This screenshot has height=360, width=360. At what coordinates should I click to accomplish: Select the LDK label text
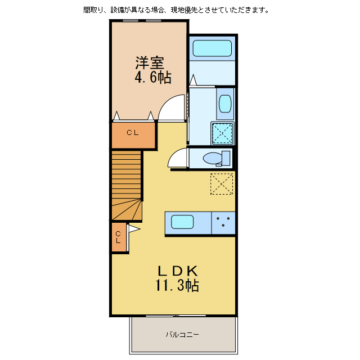pos(177,269)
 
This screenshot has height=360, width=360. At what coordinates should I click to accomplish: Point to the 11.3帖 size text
pos(177,285)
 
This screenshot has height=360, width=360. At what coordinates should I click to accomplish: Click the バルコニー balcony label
pos(182,335)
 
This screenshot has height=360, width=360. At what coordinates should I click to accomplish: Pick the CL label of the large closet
pos(132,133)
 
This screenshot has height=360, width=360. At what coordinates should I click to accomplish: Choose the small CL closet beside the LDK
pos(118,237)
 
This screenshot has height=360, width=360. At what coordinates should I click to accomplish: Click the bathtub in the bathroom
pos(212,48)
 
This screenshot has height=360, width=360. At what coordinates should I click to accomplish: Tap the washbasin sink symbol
pos(224,103)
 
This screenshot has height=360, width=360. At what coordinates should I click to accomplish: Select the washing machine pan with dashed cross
pos(222,133)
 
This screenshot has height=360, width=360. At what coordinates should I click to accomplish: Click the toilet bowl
pos(212,158)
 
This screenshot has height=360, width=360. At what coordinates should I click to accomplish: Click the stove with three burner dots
pos(223,222)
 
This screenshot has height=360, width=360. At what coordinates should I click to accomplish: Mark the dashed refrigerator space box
pos(222,183)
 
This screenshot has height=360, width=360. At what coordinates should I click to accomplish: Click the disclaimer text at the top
pos(175,10)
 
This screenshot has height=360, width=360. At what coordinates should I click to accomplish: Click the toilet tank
pos(226,158)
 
